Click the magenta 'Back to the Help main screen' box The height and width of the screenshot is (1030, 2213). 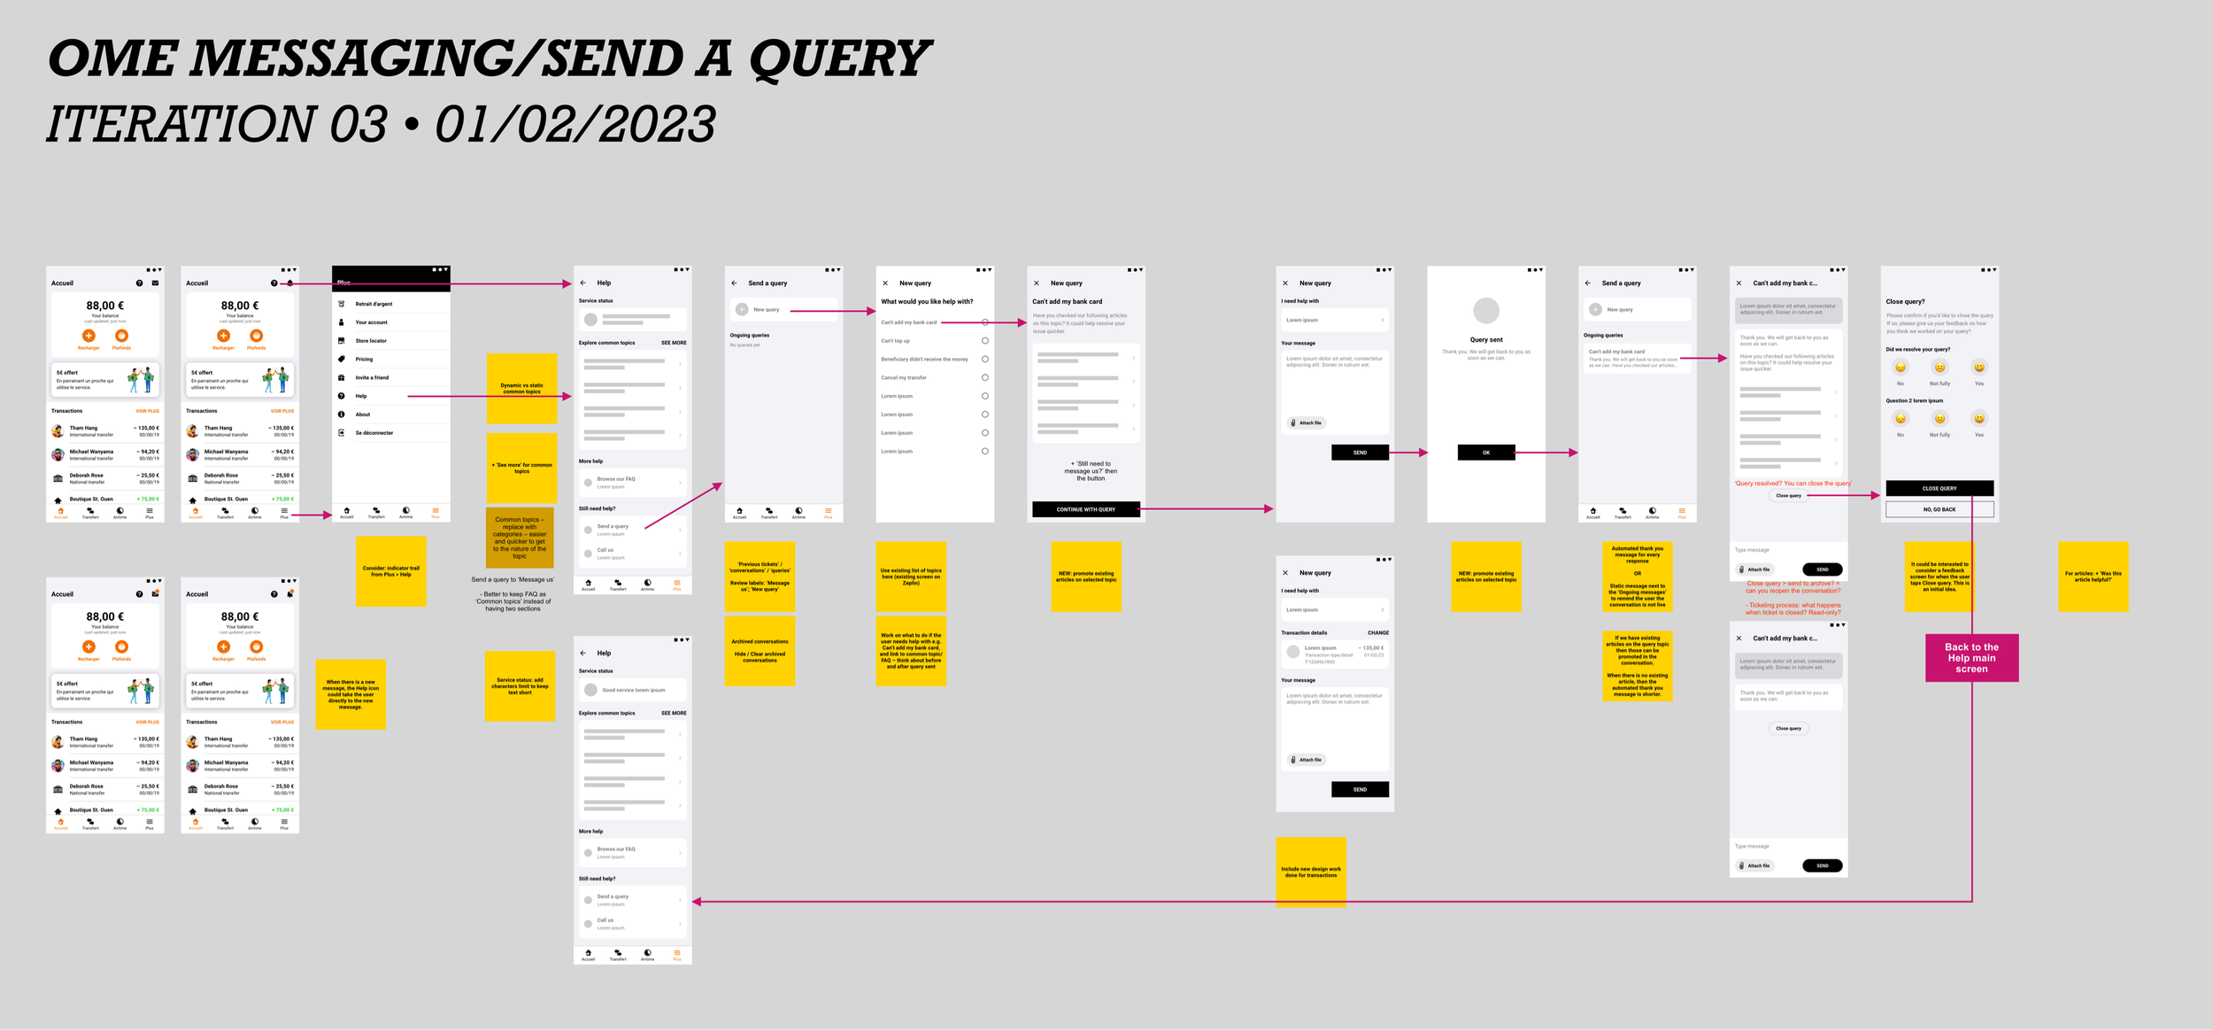[1971, 657]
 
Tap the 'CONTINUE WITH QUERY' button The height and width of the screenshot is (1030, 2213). [1085, 509]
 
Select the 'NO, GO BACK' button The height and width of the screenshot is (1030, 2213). [1939, 509]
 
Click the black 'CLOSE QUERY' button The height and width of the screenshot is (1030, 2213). [1939, 488]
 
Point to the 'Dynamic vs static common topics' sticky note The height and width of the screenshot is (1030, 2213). [521, 389]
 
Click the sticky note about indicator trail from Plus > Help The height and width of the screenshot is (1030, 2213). [390, 571]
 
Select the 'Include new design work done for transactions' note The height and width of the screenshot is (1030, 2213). [1310, 871]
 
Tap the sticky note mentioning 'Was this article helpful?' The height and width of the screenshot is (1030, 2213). [2093, 577]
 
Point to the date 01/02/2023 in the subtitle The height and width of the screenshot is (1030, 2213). [575, 124]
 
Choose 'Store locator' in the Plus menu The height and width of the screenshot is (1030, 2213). [371, 341]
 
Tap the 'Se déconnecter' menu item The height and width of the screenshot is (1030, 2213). [374, 433]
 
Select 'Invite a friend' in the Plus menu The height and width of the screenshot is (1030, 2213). [372, 377]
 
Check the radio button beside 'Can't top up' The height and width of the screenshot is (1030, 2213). [984, 341]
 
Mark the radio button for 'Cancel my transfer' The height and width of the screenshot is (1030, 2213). [984, 377]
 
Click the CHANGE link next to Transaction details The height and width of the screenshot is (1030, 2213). [1377, 633]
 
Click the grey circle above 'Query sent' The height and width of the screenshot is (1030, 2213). [1485, 311]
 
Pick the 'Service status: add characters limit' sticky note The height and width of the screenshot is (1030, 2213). [520, 685]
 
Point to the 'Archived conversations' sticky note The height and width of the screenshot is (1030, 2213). [760, 651]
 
